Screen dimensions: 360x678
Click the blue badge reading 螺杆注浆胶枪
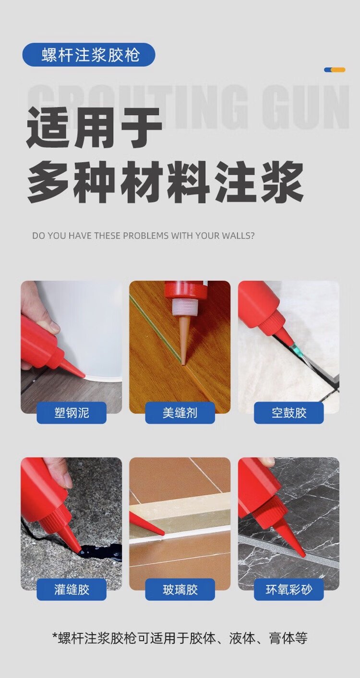pyautogui.click(x=89, y=55)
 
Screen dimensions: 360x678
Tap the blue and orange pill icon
pyautogui.click(x=335, y=70)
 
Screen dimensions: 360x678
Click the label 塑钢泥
pyautogui.click(x=72, y=413)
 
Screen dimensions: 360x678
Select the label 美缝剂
pyautogui.click(x=180, y=413)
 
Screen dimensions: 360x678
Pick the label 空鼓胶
pyautogui.click(x=289, y=413)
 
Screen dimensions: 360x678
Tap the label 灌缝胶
pyautogui.click(x=72, y=589)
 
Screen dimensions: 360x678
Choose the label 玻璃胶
pyautogui.click(x=180, y=589)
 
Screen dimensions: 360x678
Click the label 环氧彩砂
pyautogui.click(x=289, y=589)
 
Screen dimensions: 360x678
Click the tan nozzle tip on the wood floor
pyautogui.click(x=184, y=362)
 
